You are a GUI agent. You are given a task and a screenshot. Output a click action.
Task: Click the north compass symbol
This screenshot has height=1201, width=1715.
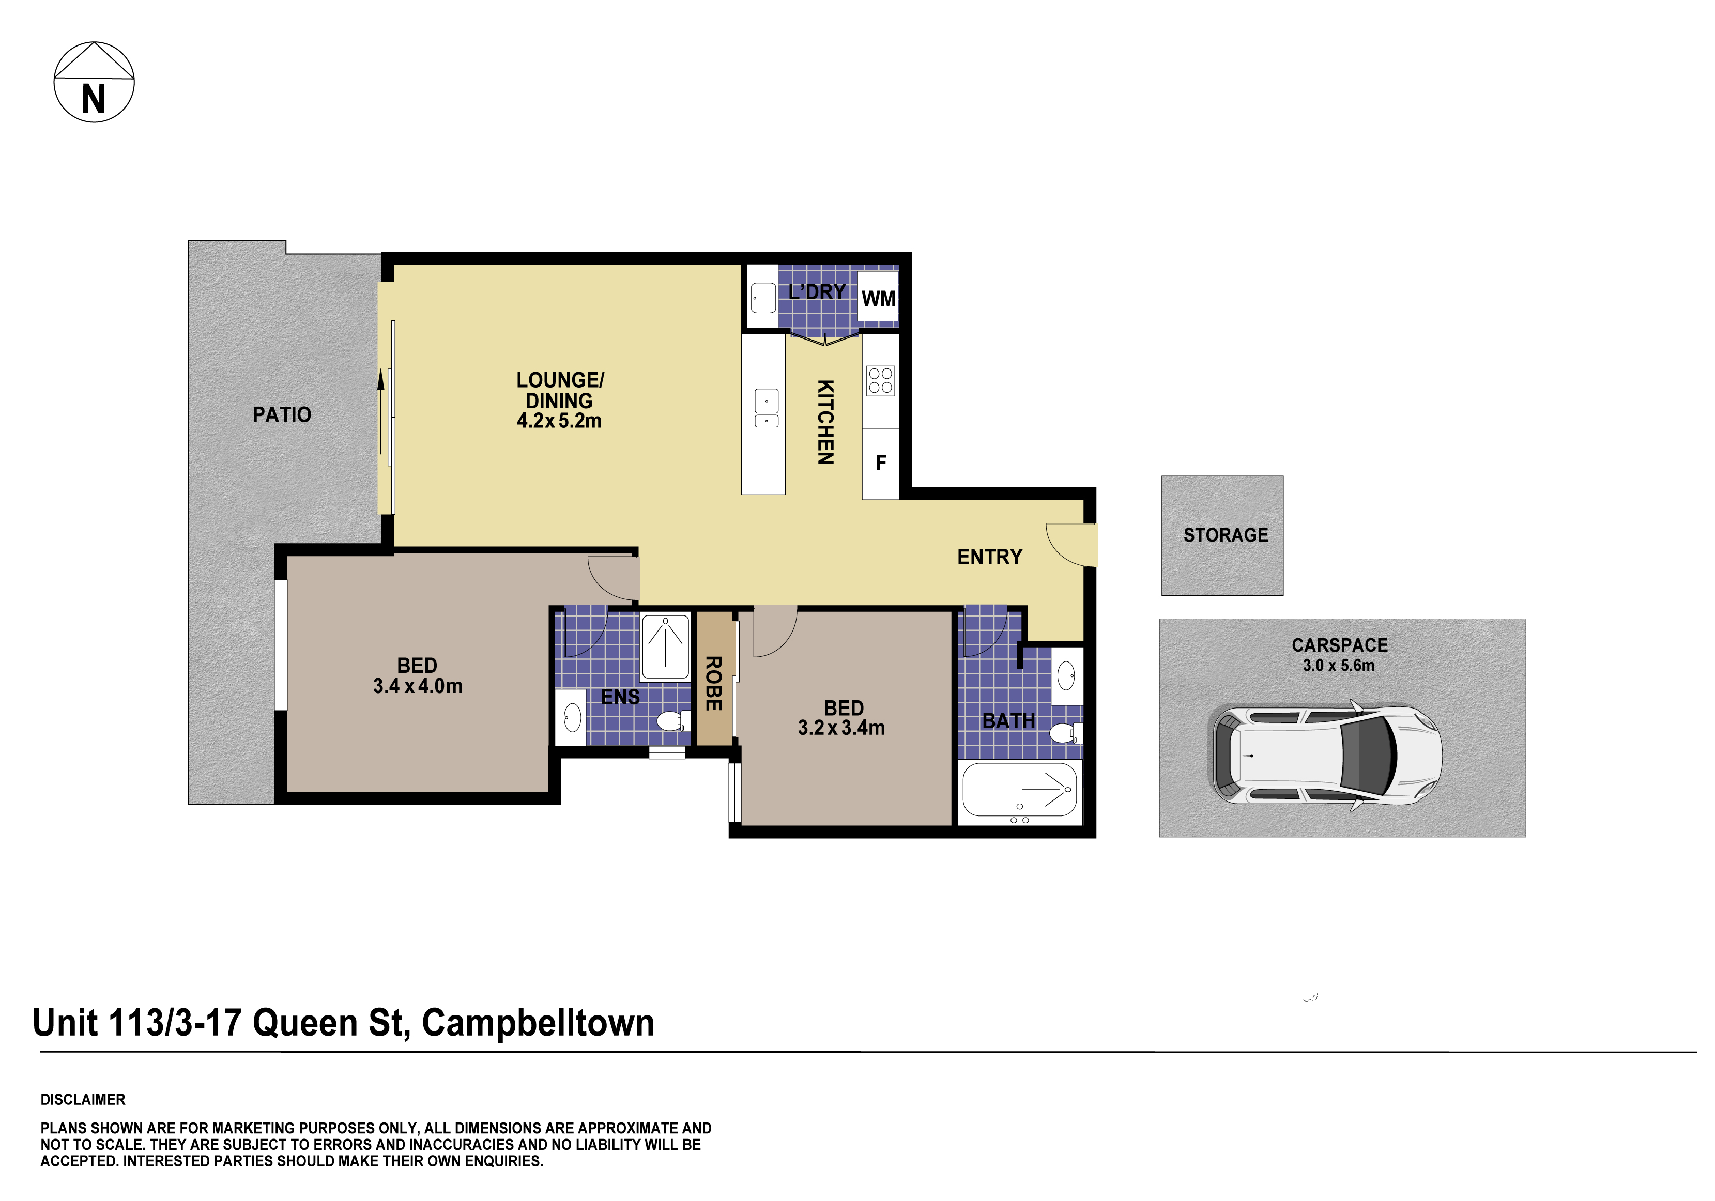click(x=94, y=82)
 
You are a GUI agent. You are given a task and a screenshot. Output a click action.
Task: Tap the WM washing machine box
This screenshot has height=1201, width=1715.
click(x=878, y=298)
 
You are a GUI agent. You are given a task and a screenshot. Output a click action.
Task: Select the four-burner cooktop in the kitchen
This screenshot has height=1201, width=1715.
click(x=880, y=380)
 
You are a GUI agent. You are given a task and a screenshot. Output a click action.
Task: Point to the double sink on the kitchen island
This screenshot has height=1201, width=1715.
click(x=765, y=409)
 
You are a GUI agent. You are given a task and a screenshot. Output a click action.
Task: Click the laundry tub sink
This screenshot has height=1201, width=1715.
click(x=762, y=297)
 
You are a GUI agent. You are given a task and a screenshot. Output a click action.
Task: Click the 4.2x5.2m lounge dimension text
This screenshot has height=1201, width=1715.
click(x=559, y=421)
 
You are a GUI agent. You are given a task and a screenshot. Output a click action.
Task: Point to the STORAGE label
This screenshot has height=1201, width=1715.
click(x=1225, y=535)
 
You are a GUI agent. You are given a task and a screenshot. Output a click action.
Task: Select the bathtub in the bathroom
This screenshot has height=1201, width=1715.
click(x=1019, y=790)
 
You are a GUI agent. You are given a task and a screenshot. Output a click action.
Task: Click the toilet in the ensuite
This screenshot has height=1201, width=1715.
click(x=669, y=721)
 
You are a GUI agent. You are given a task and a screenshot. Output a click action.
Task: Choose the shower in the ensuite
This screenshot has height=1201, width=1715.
click(x=665, y=647)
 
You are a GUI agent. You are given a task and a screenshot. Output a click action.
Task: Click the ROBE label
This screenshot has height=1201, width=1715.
click(x=713, y=683)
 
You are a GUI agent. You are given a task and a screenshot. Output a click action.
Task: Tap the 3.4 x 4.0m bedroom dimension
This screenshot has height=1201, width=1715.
click(x=418, y=686)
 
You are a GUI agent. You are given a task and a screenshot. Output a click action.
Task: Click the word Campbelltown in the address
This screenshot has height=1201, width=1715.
click(x=538, y=1023)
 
